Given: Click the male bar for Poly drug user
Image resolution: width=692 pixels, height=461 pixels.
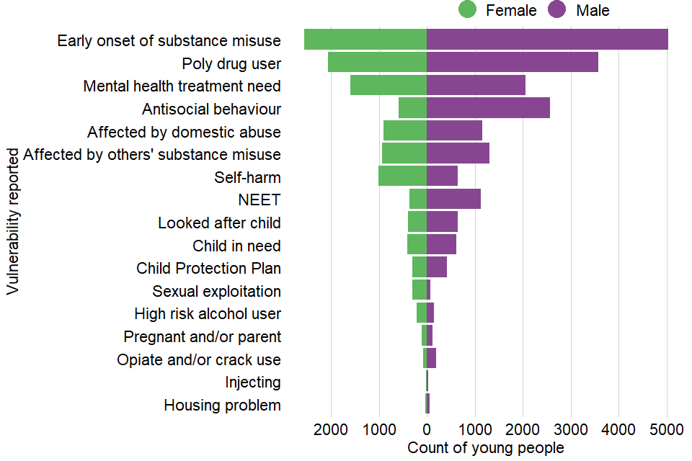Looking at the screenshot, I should pyautogui.click(x=512, y=63).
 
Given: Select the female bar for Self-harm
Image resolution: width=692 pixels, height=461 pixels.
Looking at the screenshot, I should pyautogui.click(x=402, y=176).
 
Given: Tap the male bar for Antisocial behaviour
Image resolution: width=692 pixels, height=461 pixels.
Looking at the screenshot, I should pyautogui.click(x=488, y=108).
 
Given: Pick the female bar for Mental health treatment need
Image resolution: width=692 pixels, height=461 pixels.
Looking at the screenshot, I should pyautogui.click(x=389, y=85).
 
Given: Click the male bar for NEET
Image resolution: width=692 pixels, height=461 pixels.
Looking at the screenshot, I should pyautogui.click(x=453, y=199).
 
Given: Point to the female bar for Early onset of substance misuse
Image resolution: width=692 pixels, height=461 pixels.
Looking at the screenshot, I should pyautogui.click(x=365, y=40).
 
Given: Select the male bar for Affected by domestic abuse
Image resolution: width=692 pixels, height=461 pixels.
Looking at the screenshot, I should pyautogui.click(x=454, y=131).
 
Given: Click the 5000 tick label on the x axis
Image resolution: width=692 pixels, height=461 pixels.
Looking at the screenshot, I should pyautogui.click(x=667, y=431).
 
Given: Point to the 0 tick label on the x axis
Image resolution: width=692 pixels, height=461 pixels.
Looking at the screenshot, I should pyautogui.click(x=427, y=431).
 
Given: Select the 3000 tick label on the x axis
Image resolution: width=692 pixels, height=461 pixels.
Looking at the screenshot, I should pyautogui.click(x=571, y=431).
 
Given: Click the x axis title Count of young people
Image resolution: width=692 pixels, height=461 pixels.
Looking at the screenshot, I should pyautogui.click(x=485, y=448).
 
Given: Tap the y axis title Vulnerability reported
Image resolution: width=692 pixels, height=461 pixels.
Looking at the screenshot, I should pyautogui.click(x=12, y=221).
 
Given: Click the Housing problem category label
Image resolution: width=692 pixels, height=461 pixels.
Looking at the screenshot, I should pyautogui.click(x=222, y=406).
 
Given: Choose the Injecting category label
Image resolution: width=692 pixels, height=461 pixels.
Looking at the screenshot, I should pyautogui.click(x=252, y=382).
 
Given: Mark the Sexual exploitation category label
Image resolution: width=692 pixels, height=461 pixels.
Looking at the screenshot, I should pyautogui.click(x=216, y=292).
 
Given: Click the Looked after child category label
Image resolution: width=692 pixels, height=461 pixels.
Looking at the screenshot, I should pyautogui.click(x=219, y=223).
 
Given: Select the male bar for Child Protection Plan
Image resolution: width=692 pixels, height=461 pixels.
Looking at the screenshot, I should pyautogui.click(x=437, y=267).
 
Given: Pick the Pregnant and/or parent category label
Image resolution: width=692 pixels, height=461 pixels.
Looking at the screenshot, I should pyautogui.click(x=202, y=337).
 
